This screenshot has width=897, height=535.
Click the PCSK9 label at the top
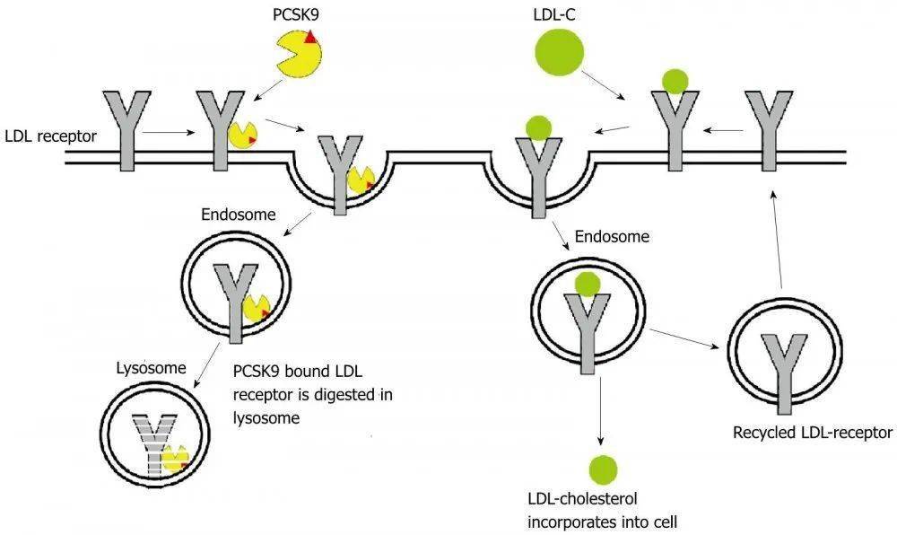[295, 14]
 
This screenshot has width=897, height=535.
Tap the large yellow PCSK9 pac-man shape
[299, 54]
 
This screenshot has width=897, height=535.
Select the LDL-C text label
[553, 14]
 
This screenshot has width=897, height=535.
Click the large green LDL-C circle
[560, 52]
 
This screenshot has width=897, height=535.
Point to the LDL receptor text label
[51, 136]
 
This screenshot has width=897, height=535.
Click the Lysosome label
[151, 367]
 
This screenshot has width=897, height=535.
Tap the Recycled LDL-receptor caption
[813, 432]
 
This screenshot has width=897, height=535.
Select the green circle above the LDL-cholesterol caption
[603, 469]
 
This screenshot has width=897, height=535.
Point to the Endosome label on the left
[239, 215]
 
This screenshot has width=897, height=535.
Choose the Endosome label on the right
[612, 236]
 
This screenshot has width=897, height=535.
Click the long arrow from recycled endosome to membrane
[776, 239]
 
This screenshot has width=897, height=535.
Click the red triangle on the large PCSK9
[310, 37]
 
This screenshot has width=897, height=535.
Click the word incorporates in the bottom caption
[570, 522]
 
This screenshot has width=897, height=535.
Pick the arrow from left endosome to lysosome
[207, 366]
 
